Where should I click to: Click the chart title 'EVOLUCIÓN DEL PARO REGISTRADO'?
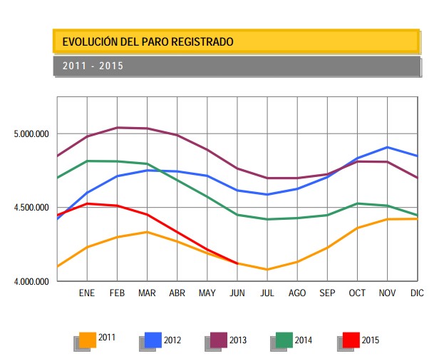click(x=148, y=42)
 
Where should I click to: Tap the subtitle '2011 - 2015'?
click(x=93, y=66)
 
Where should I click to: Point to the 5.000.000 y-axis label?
click(x=31, y=134)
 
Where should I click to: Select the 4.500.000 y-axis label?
click(x=31, y=208)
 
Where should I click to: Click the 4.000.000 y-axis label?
click(x=31, y=282)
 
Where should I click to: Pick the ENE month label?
click(x=87, y=293)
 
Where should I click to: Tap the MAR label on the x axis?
click(x=147, y=293)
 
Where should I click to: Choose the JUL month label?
click(x=267, y=293)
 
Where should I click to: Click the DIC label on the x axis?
click(x=417, y=293)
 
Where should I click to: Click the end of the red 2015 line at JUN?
click(x=237, y=263)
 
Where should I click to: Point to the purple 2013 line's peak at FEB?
click(x=117, y=128)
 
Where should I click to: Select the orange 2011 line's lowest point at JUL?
click(x=267, y=269)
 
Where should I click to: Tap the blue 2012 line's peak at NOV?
click(x=387, y=147)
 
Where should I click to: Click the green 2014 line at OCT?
click(x=357, y=203)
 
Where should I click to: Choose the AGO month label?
click(x=297, y=293)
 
